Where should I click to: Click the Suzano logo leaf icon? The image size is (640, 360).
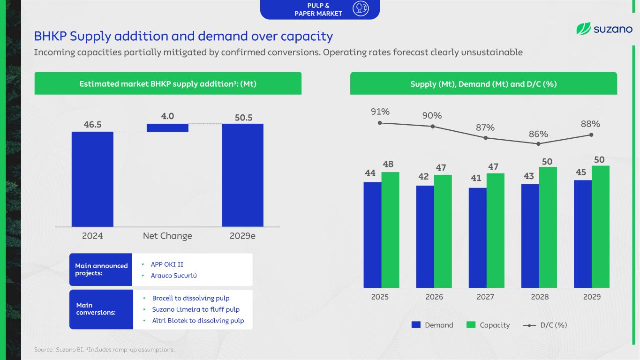point(583,29)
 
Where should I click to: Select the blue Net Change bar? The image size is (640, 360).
point(167,127)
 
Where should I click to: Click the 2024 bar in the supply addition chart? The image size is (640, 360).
point(92,179)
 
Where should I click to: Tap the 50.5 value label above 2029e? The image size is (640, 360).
point(244,118)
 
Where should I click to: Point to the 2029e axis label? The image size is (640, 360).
point(242,236)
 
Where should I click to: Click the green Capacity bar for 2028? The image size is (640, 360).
point(548,227)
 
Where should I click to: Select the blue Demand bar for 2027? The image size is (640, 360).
point(477,238)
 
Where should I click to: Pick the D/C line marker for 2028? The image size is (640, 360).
point(538,144)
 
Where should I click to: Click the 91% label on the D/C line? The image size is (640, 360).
point(380,112)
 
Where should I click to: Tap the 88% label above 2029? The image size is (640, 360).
point(590,124)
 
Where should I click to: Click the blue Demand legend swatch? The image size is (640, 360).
point(416,325)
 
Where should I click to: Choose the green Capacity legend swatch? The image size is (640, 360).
point(471,325)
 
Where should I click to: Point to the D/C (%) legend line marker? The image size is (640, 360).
point(529,325)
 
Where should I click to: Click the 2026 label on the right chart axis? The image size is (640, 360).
point(434,297)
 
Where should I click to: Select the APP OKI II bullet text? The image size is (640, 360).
point(167,264)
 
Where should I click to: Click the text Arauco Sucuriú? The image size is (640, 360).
point(173,276)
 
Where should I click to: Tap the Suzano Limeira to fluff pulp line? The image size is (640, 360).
point(196,309)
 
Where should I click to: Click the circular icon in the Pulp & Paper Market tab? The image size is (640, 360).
point(361,8)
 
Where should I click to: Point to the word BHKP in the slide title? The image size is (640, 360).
point(50,36)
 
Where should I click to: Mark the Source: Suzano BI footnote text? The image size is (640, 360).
point(59,349)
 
